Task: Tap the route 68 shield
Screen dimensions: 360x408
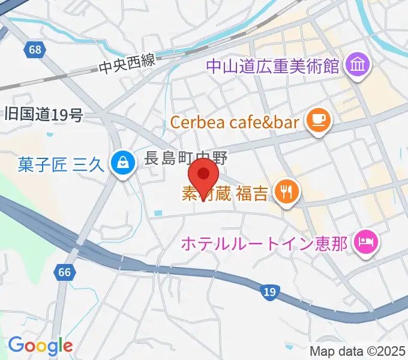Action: [x=35, y=50]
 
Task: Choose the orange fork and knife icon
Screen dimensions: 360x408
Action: [x=286, y=193]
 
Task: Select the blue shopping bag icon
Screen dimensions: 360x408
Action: [x=122, y=163]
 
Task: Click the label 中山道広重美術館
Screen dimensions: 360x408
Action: [x=273, y=64]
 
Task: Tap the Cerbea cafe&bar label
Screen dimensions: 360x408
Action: [x=235, y=122]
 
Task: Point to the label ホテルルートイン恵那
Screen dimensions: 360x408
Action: [x=264, y=244]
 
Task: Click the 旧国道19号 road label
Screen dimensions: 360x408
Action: [x=43, y=114]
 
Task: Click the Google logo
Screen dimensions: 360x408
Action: [x=40, y=345]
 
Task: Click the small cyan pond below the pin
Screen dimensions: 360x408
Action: [x=158, y=213]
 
